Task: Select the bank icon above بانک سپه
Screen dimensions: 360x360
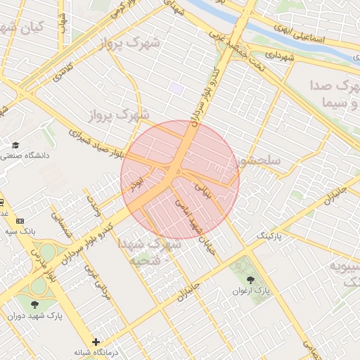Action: click(19, 221)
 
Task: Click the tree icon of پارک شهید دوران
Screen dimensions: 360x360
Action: click(35, 304)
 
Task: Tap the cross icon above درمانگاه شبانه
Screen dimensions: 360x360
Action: click(96, 342)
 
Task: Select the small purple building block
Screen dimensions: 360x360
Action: click(176, 89)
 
